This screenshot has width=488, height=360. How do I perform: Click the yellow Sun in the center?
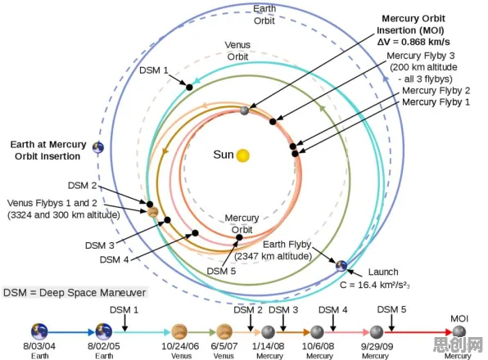coord(242,155)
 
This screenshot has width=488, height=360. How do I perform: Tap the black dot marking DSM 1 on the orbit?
coord(189,88)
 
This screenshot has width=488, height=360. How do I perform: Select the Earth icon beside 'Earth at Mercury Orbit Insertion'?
coord(98,147)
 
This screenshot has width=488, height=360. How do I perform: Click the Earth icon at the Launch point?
coord(341,266)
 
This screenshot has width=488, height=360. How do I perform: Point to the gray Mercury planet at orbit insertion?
coord(245,110)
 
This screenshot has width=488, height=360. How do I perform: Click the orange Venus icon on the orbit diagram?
coord(153,213)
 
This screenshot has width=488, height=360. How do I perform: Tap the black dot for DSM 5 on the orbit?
coord(239,237)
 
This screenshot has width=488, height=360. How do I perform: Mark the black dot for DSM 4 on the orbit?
coord(195,233)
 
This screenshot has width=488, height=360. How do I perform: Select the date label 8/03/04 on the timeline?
coord(39,346)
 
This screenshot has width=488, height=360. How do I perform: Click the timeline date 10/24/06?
coord(180,346)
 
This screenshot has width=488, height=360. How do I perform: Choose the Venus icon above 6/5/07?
coord(224,331)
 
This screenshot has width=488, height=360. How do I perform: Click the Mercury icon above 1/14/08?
coord(268,332)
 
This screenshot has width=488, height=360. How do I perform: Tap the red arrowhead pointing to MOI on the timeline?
coord(449,332)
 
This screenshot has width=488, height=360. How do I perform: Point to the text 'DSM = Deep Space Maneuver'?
coord(75,293)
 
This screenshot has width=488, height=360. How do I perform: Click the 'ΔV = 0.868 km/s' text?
coord(413,42)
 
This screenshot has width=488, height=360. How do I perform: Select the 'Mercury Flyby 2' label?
coord(436,91)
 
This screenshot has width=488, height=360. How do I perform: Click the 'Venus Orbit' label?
coord(237,51)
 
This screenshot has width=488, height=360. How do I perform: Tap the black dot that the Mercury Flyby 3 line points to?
coord(273,122)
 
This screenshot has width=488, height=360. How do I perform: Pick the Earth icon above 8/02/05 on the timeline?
coord(104,331)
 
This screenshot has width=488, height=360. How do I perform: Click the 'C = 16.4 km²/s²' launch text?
coord(375,285)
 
